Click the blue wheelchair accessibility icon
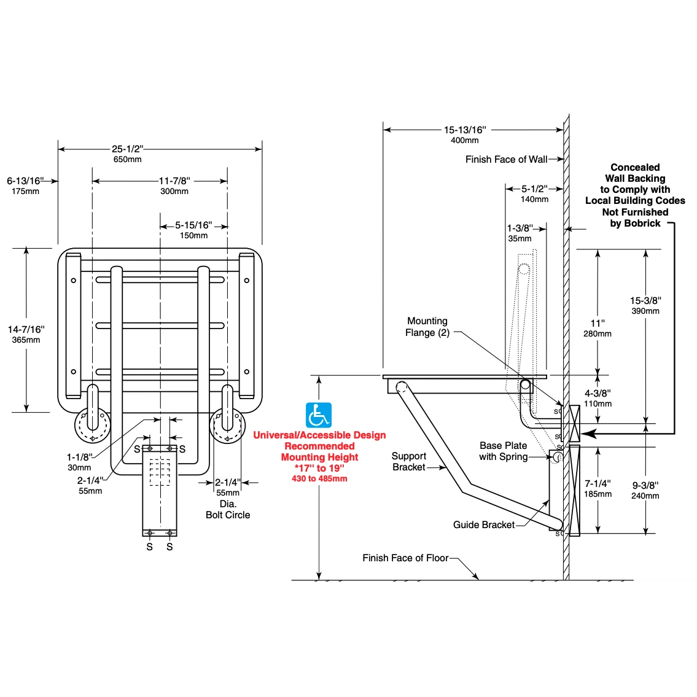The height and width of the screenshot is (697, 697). coord(318,415)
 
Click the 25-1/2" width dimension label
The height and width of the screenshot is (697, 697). coord(127,149)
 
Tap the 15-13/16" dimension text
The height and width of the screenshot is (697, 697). coord(464,130)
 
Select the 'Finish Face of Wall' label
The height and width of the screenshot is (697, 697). coord(506,159)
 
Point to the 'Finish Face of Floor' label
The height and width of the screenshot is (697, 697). coord(405,558)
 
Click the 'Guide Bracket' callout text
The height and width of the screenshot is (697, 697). coord(484,524)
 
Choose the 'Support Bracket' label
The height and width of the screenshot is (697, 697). coord(408,461)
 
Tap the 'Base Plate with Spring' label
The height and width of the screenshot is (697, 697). coord(503,451)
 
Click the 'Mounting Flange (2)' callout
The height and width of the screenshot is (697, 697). coord(427,327)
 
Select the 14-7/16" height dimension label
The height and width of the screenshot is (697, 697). coord(26,329)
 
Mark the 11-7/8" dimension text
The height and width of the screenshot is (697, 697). coord(174,181)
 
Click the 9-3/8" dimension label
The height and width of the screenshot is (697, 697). coord(645,485)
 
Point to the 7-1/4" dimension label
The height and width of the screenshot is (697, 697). coord(598,483)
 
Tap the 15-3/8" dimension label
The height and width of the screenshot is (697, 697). coord(645,300)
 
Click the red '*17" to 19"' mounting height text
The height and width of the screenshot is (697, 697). coord(319,468)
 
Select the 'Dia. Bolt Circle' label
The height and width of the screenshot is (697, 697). coord(228,510)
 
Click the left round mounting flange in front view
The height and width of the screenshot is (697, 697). coord(93,426)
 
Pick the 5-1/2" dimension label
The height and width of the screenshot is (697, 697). coord(534,189)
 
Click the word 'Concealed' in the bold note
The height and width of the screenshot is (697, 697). coord(635,167)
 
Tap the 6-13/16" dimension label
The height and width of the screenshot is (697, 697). coord(25,181)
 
